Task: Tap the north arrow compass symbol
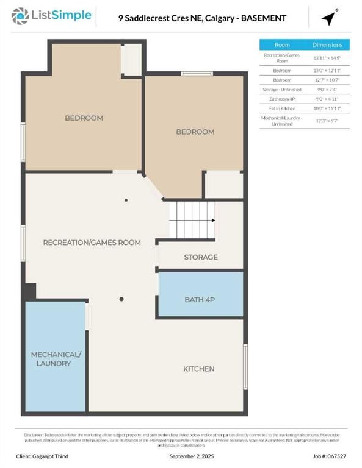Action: coord(330,18)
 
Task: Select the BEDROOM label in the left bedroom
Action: coord(84,118)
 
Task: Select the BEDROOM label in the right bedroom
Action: coord(195,132)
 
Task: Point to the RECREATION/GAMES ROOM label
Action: coord(92,243)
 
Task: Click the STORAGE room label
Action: coord(201,257)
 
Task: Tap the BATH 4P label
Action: coord(201,300)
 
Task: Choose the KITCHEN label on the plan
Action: coord(199,369)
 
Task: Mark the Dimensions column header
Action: coord(327,45)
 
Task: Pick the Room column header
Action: coord(282,45)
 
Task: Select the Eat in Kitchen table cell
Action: coord(282,107)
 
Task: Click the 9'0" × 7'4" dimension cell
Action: coord(327,89)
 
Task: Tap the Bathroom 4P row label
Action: coord(282,98)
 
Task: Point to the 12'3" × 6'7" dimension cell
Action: coord(327,119)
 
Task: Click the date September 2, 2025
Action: coord(191,456)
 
